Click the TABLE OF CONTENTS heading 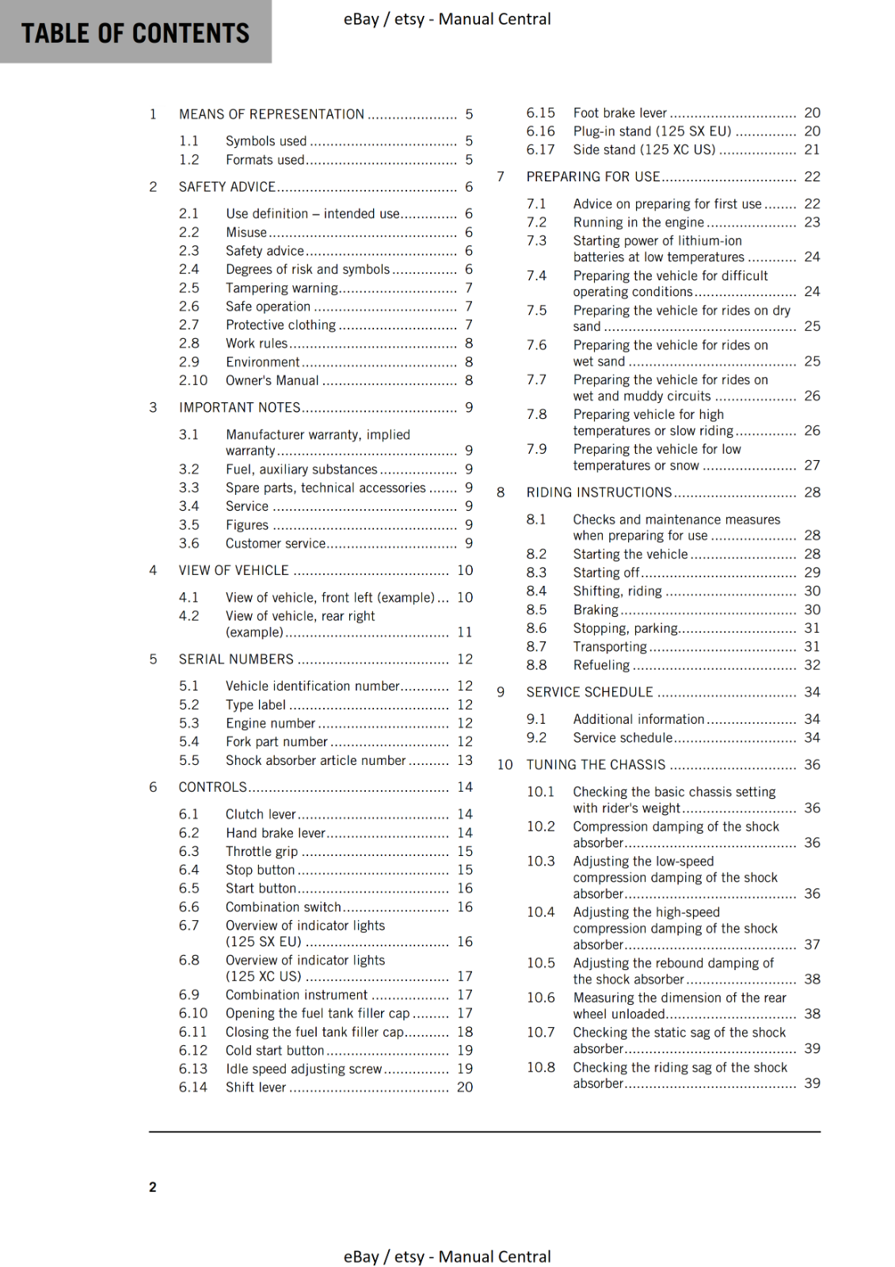135,33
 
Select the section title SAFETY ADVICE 227,187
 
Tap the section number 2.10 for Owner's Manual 192,381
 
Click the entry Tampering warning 281,288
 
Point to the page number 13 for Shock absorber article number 465,760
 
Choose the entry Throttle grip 261,852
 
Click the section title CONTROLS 212,787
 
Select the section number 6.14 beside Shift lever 192,1087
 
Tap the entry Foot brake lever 619,113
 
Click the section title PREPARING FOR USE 592,177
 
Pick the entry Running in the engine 638,223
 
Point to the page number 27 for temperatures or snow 812,466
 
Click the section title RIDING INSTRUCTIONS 599,493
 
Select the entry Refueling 601,665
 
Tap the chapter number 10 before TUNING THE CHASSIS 505,765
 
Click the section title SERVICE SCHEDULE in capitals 589,692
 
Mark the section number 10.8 541,1067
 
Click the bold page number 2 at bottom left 153,1187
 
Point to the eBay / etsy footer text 447,1257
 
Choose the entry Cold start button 274,1051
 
